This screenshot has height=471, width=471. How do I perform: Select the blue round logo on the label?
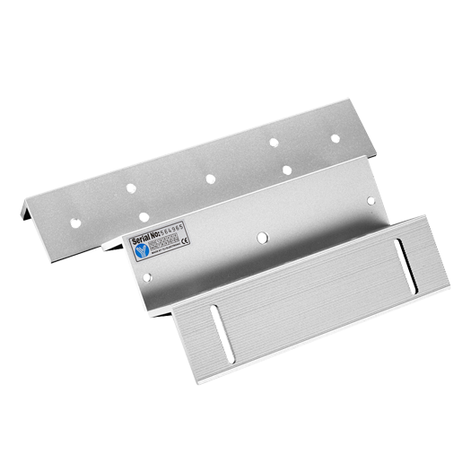(x=136, y=255)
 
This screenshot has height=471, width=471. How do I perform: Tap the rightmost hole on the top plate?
(x=334, y=139)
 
